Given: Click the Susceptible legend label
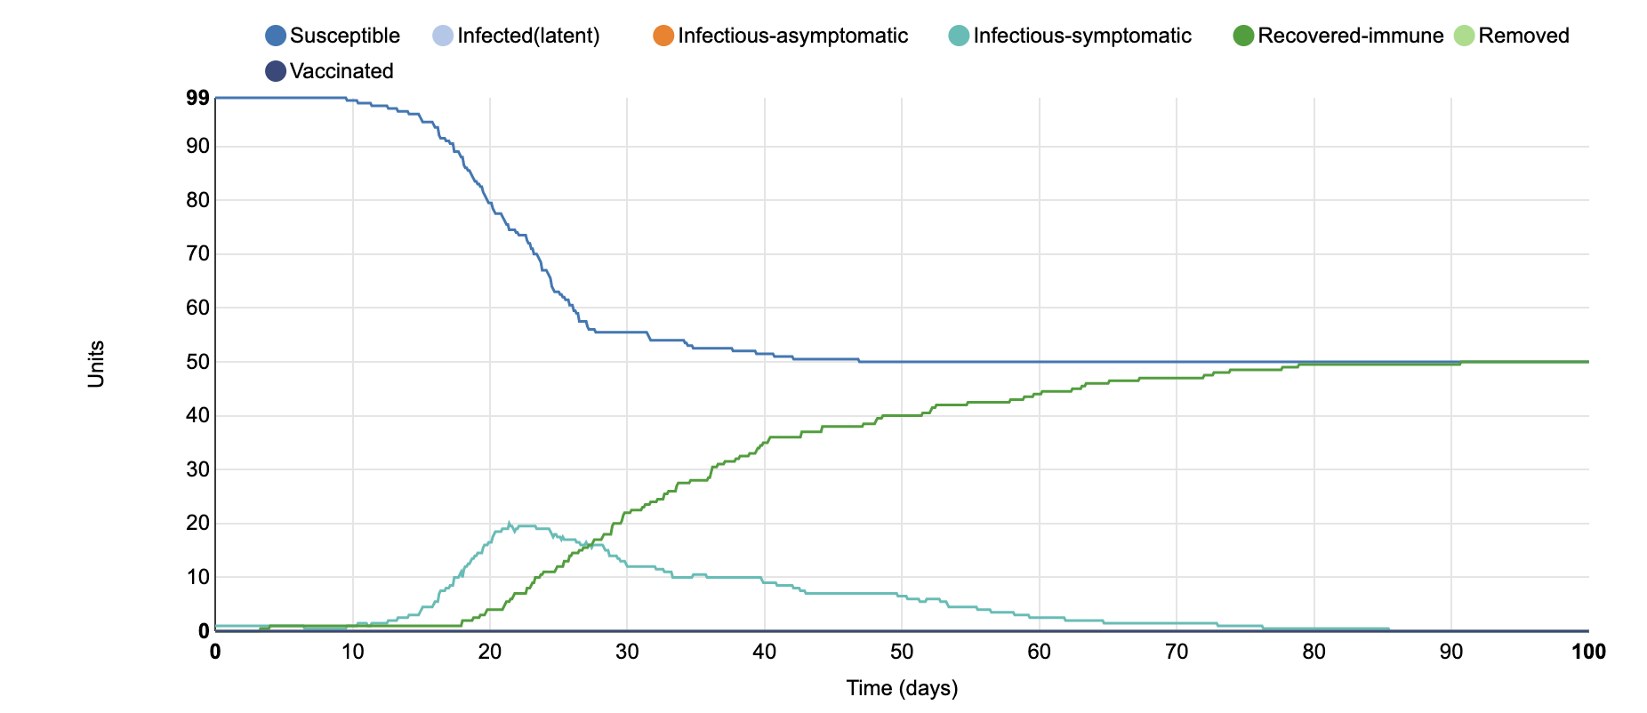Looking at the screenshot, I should click(344, 36).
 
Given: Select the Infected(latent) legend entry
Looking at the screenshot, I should click(528, 36).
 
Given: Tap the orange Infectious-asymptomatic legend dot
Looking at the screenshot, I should click(663, 36).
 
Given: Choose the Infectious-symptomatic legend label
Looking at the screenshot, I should click(1081, 36).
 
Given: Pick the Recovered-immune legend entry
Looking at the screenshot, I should click(1350, 36).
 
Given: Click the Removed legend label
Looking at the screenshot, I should click(1522, 36).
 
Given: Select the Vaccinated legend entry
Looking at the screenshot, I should click(341, 71).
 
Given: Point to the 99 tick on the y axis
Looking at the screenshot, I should click(197, 99).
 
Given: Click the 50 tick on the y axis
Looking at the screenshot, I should click(197, 362).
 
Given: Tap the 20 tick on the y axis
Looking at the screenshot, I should click(197, 524).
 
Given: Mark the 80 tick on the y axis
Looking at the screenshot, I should click(197, 200).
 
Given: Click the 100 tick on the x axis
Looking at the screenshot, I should click(1588, 653).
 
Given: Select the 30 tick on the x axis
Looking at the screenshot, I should click(627, 653).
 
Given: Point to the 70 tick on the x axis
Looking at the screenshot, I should click(1177, 653).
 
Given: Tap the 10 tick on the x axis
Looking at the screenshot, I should click(352, 653).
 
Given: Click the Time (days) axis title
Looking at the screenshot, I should click(902, 688).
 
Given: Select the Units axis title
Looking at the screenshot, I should click(96, 365).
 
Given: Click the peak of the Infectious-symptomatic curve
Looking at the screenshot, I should click(509, 523).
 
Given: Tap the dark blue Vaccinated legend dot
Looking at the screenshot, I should click(276, 71).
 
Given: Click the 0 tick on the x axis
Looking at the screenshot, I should click(215, 653).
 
